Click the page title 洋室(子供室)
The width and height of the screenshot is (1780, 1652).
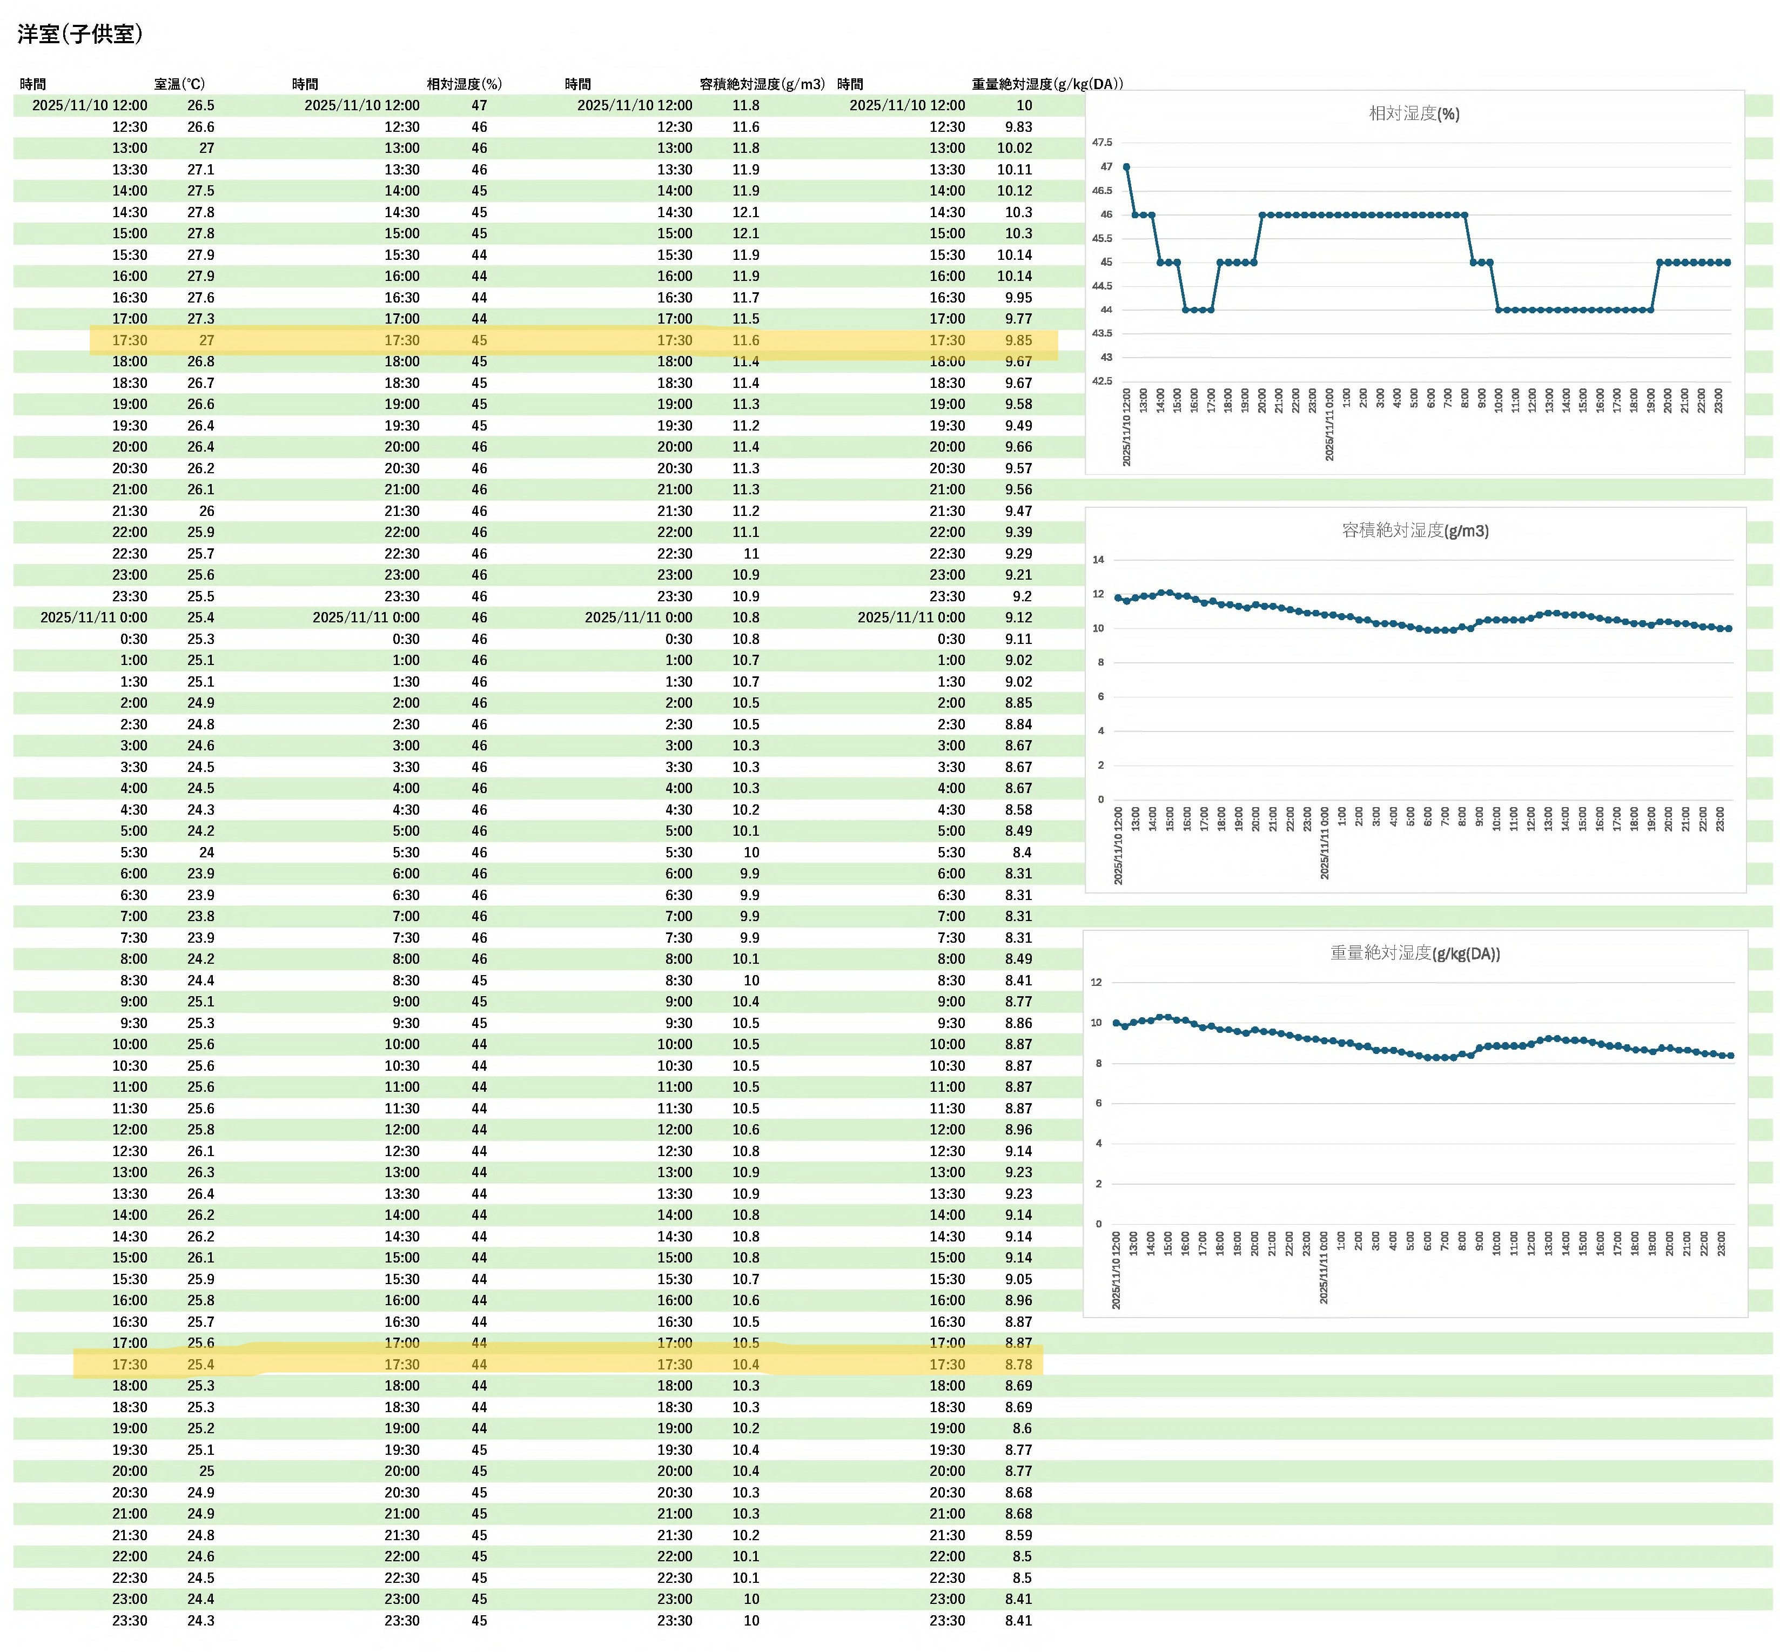pos(79,34)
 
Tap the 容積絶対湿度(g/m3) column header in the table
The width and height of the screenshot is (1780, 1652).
pos(762,84)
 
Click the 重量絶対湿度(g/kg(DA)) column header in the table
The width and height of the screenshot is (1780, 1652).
pos(1047,84)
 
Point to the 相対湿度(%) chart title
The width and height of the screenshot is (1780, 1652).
pos(1413,113)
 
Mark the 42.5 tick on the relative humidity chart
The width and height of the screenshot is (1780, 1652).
pos(1103,381)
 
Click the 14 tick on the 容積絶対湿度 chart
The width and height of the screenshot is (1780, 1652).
pos(1098,560)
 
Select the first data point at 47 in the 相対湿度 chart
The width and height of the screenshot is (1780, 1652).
pos(1126,167)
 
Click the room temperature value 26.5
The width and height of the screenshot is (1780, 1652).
pos(200,105)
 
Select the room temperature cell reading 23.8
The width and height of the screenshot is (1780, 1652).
pos(200,916)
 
